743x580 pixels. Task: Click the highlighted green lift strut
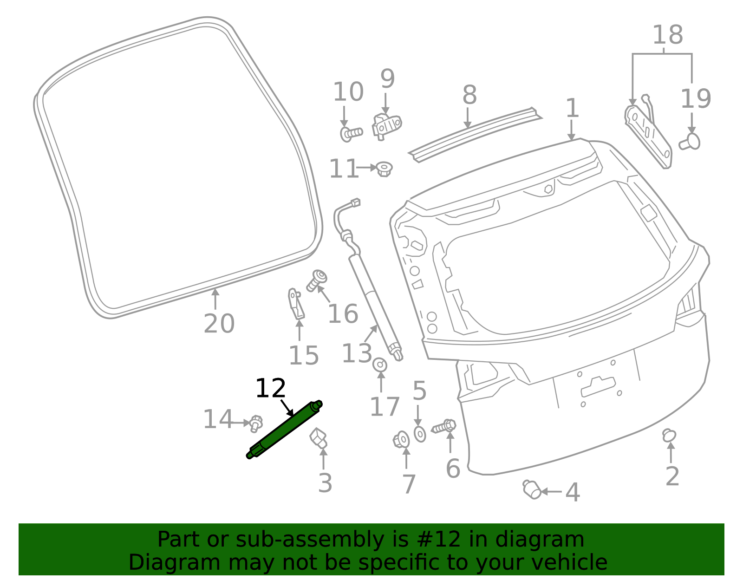(284, 430)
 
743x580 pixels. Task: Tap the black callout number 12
(270, 388)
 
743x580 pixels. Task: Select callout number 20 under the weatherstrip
(219, 323)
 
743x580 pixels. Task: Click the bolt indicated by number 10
(351, 134)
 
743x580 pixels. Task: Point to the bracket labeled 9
(387, 126)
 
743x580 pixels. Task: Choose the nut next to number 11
(384, 169)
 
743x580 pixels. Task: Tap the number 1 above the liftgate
(572, 108)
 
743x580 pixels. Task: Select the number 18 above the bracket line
(668, 34)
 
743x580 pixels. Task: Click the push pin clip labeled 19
(690, 142)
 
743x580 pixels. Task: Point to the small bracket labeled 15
(296, 304)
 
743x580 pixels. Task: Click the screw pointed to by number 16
(317, 280)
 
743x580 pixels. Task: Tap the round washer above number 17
(380, 365)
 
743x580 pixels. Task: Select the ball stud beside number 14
(256, 424)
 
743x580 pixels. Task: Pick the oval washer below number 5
(419, 434)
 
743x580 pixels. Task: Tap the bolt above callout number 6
(443, 427)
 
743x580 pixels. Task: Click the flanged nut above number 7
(401, 440)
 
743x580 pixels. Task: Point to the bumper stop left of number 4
(532, 489)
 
